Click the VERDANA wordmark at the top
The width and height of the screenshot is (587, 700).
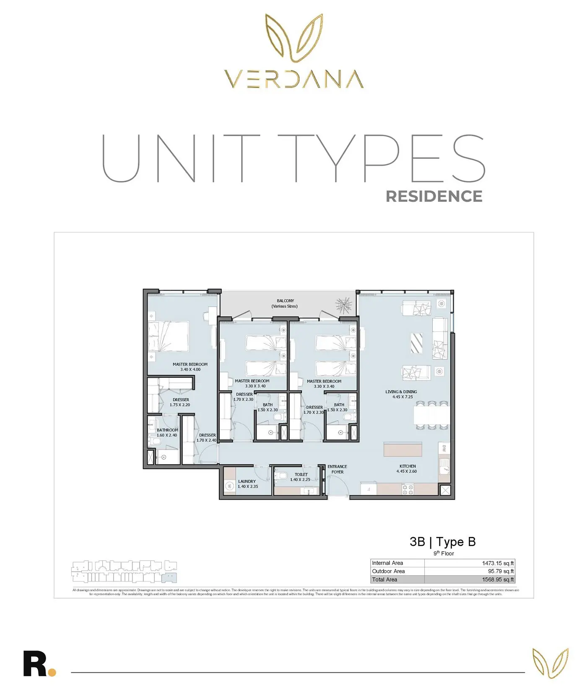293,79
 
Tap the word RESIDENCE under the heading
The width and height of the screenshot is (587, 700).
434,196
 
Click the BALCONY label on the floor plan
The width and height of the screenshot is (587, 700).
285,301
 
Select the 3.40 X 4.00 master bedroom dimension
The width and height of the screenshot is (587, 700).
190,369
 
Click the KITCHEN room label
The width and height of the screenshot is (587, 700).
407,466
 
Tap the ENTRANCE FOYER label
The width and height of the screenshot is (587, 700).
337,469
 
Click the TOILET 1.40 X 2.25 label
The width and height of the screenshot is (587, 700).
301,477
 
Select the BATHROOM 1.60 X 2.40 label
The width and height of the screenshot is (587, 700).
167,433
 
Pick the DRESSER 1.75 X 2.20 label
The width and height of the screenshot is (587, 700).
180,403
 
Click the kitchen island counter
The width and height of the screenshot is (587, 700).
403,449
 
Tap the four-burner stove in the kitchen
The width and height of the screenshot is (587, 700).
408,490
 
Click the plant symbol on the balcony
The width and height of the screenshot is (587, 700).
344,305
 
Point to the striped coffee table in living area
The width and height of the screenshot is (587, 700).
416,343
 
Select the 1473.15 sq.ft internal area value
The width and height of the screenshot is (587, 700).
498,563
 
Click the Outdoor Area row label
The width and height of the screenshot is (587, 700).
389,571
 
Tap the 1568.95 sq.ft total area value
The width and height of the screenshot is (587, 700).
498,580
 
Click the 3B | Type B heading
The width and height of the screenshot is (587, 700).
442,542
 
